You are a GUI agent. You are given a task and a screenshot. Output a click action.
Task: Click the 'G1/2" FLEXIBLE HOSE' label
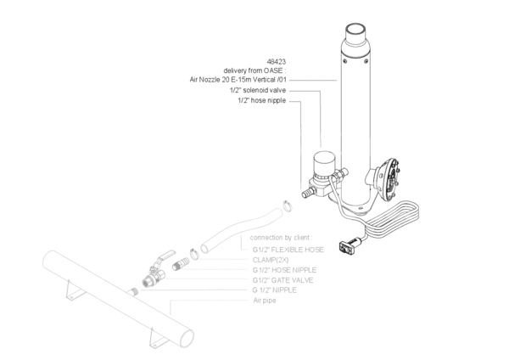pyautogui.click(x=289, y=250)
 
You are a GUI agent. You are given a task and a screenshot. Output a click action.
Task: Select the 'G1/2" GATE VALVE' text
pyautogui.click(x=285, y=280)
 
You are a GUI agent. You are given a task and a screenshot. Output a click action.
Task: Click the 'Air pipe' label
pyautogui.click(x=265, y=301)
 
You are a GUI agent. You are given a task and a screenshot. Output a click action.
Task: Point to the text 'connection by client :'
pyautogui.click(x=281, y=237)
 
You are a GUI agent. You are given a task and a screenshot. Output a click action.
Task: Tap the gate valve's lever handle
pyautogui.click(x=168, y=255)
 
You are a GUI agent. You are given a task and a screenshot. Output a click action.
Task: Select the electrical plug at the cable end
pyautogui.click(x=346, y=246)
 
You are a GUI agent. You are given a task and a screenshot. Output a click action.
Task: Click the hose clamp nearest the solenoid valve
pyautogui.click(x=288, y=202)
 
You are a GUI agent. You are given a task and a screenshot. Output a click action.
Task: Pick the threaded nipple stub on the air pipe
pyautogui.click(x=135, y=291)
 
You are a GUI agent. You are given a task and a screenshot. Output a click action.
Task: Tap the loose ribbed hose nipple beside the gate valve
pyautogui.click(x=179, y=264)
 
